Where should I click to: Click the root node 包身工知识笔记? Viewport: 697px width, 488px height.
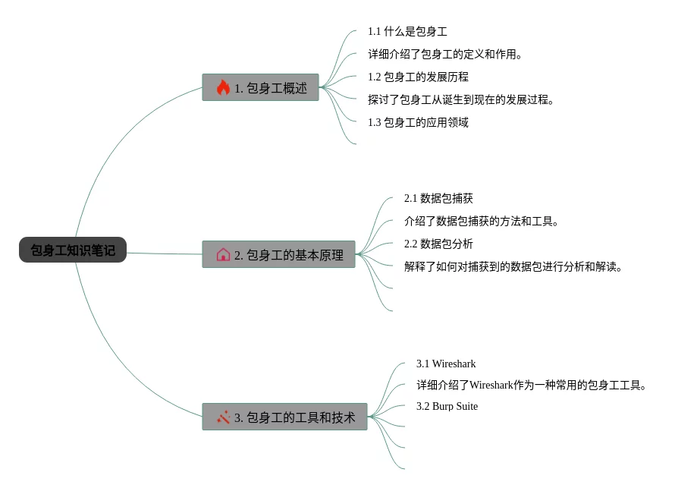point(73,250)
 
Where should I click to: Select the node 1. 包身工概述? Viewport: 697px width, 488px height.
point(260,87)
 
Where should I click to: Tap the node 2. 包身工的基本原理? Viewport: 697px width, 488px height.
point(278,254)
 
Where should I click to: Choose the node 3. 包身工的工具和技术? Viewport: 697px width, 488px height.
point(284,417)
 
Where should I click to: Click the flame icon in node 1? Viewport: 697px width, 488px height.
point(223,87)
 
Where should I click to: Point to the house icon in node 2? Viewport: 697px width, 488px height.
point(223,254)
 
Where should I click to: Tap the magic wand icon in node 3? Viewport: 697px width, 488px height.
point(223,417)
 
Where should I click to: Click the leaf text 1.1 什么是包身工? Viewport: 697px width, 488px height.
point(407,31)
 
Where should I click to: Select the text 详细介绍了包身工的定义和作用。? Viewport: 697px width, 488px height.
point(445,54)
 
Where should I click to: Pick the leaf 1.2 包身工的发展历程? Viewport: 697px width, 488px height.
point(418,77)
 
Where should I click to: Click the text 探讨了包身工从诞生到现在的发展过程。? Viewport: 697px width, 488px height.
point(461,99)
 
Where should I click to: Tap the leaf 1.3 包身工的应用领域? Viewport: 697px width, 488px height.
point(418,122)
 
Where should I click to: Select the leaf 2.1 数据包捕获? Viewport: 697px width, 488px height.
point(438,198)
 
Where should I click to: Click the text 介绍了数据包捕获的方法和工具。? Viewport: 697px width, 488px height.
point(482,221)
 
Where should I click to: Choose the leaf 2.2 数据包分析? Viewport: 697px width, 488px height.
point(438,244)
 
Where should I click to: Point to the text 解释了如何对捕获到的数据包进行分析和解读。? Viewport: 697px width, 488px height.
point(513,266)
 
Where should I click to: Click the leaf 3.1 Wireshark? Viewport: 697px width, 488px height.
point(446,364)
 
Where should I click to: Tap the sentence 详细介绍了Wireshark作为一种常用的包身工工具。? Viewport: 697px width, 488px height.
point(532,385)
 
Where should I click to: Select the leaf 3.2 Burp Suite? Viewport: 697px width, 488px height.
point(447,406)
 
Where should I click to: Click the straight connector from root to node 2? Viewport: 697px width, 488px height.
point(164,253)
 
